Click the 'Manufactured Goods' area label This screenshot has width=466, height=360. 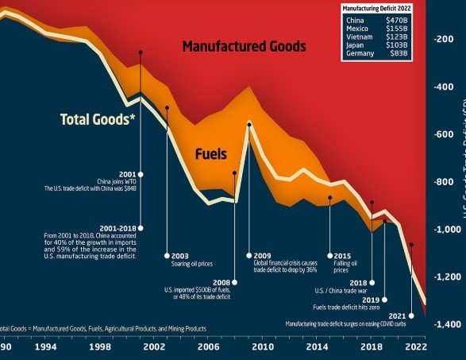click(244, 47)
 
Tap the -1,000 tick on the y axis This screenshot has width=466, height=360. click(447, 230)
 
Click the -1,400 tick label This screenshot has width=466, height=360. click(447, 325)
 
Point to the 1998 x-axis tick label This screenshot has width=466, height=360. click(100, 347)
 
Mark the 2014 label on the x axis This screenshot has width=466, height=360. click(318, 347)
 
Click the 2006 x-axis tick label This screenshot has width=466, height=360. click(209, 347)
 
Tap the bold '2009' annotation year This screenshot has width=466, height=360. click(263, 255)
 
